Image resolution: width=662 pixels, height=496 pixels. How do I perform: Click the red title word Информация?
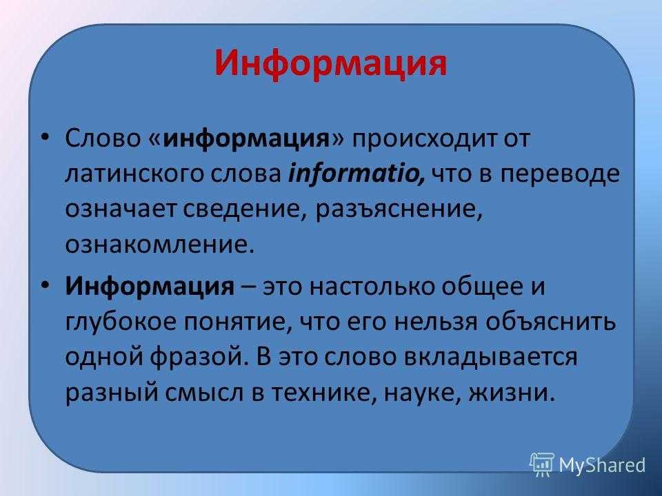click(x=330, y=63)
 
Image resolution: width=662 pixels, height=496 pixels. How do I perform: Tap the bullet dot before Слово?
click(x=46, y=136)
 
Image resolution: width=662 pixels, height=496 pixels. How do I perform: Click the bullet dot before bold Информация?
click(x=46, y=285)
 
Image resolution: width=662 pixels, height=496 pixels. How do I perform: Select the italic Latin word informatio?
click(x=356, y=173)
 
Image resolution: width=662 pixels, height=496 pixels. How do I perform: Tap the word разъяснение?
click(x=399, y=209)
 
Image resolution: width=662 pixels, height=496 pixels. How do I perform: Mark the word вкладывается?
click(x=490, y=358)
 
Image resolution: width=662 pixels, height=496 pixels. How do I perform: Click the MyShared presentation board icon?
click(x=542, y=464)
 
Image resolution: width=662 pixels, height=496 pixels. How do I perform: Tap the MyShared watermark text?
click(x=602, y=465)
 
